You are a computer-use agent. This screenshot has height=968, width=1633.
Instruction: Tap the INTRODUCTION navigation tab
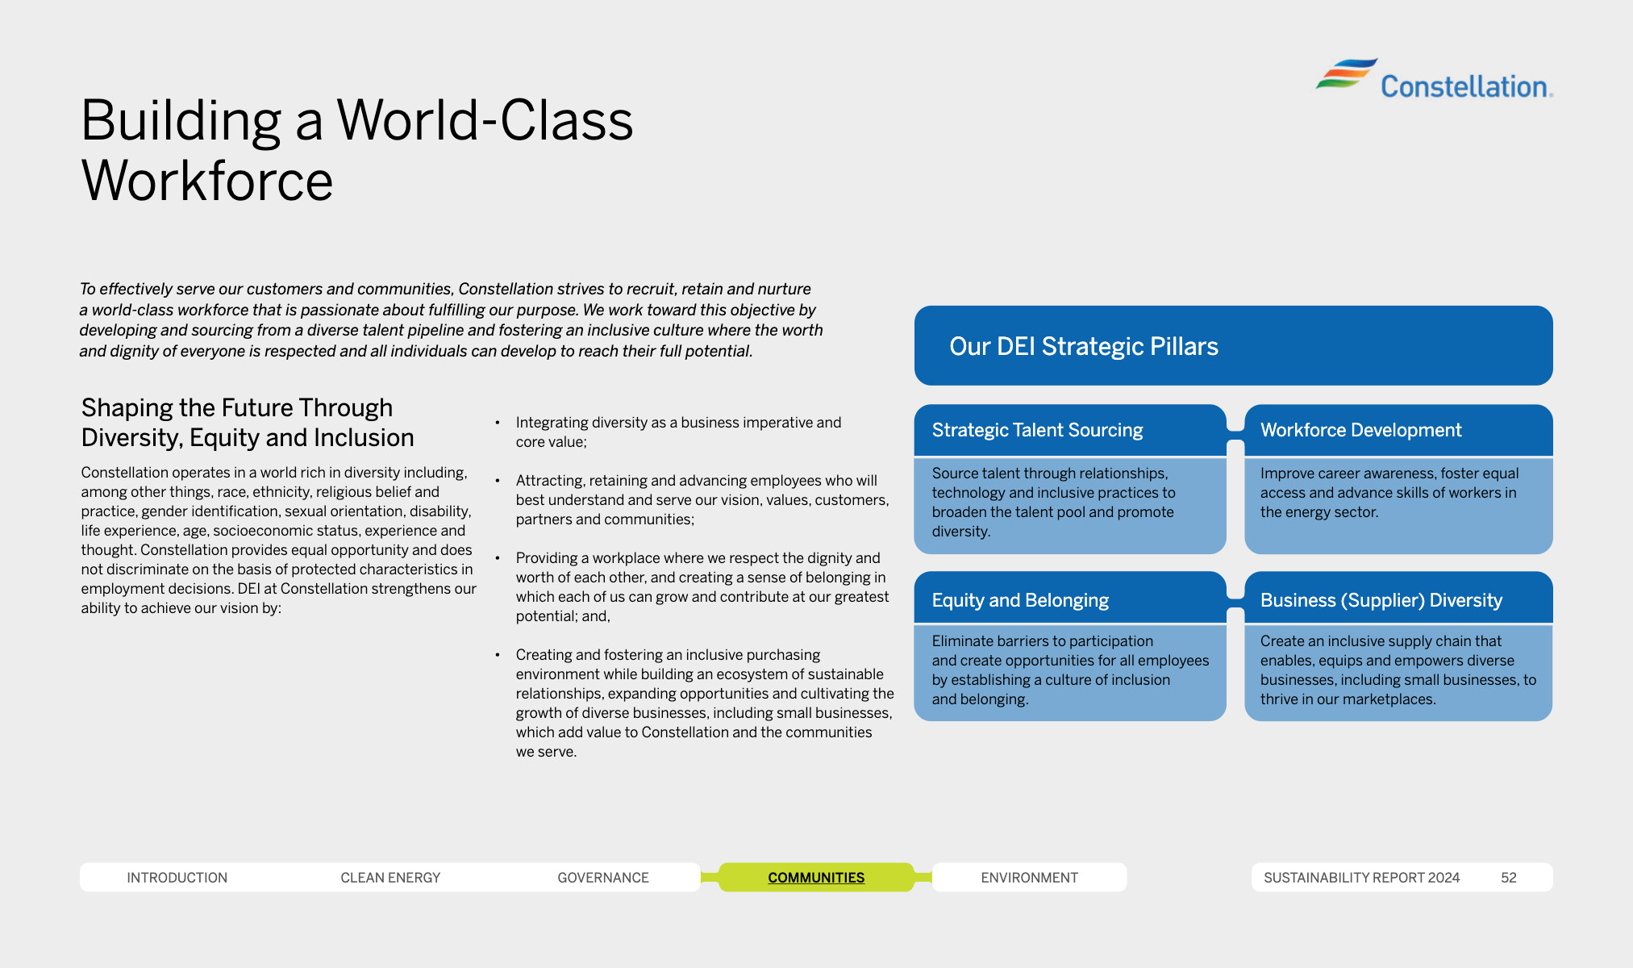coord(177,878)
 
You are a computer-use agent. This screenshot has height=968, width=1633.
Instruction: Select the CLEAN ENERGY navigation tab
coord(390,878)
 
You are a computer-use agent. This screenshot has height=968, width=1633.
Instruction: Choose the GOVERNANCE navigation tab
coord(603,878)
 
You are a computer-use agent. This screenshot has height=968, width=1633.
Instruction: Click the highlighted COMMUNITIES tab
coord(816,878)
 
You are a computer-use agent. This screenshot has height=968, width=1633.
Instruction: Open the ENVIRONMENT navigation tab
coord(1029,878)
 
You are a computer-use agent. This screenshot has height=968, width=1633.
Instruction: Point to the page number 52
coord(1509,878)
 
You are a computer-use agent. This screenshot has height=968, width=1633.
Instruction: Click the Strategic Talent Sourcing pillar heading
coord(1037,431)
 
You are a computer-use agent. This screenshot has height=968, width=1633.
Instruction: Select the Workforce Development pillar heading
coord(1360,431)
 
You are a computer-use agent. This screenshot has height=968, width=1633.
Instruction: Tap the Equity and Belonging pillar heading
coord(1020,600)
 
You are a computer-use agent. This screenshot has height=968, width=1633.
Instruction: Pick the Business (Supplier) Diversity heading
coord(1381,600)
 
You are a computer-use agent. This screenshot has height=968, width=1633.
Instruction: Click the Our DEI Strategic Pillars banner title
coord(1083,346)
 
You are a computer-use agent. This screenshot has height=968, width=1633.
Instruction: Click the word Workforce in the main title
coord(207,180)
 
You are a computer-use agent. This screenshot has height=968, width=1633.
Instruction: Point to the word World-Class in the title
coord(485,120)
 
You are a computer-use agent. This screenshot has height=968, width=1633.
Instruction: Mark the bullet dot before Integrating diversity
coord(498,422)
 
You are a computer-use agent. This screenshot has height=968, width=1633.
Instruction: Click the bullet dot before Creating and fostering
coord(498,654)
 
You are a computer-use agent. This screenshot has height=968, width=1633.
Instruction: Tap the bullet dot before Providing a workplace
coord(498,557)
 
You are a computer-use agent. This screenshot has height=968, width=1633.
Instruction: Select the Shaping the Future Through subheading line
coord(237,408)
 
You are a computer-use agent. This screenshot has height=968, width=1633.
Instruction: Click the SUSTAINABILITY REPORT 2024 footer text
coord(1361,878)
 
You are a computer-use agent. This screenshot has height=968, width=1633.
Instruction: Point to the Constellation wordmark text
coord(1466,86)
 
